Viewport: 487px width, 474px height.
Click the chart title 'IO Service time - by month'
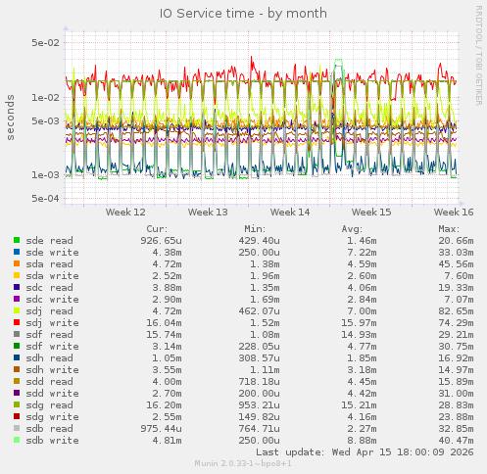[x=243, y=13]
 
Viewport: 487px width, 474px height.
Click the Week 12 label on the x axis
[x=125, y=212]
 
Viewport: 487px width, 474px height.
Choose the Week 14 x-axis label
[x=290, y=212]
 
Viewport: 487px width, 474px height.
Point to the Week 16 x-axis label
[x=454, y=212]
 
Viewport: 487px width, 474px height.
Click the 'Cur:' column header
[x=155, y=228]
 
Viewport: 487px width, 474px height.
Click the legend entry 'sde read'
[x=49, y=240]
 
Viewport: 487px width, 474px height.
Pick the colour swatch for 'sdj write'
[x=17, y=322]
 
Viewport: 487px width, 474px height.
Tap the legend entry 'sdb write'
[x=52, y=440]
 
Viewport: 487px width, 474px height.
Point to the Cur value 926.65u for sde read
[x=148, y=240]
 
